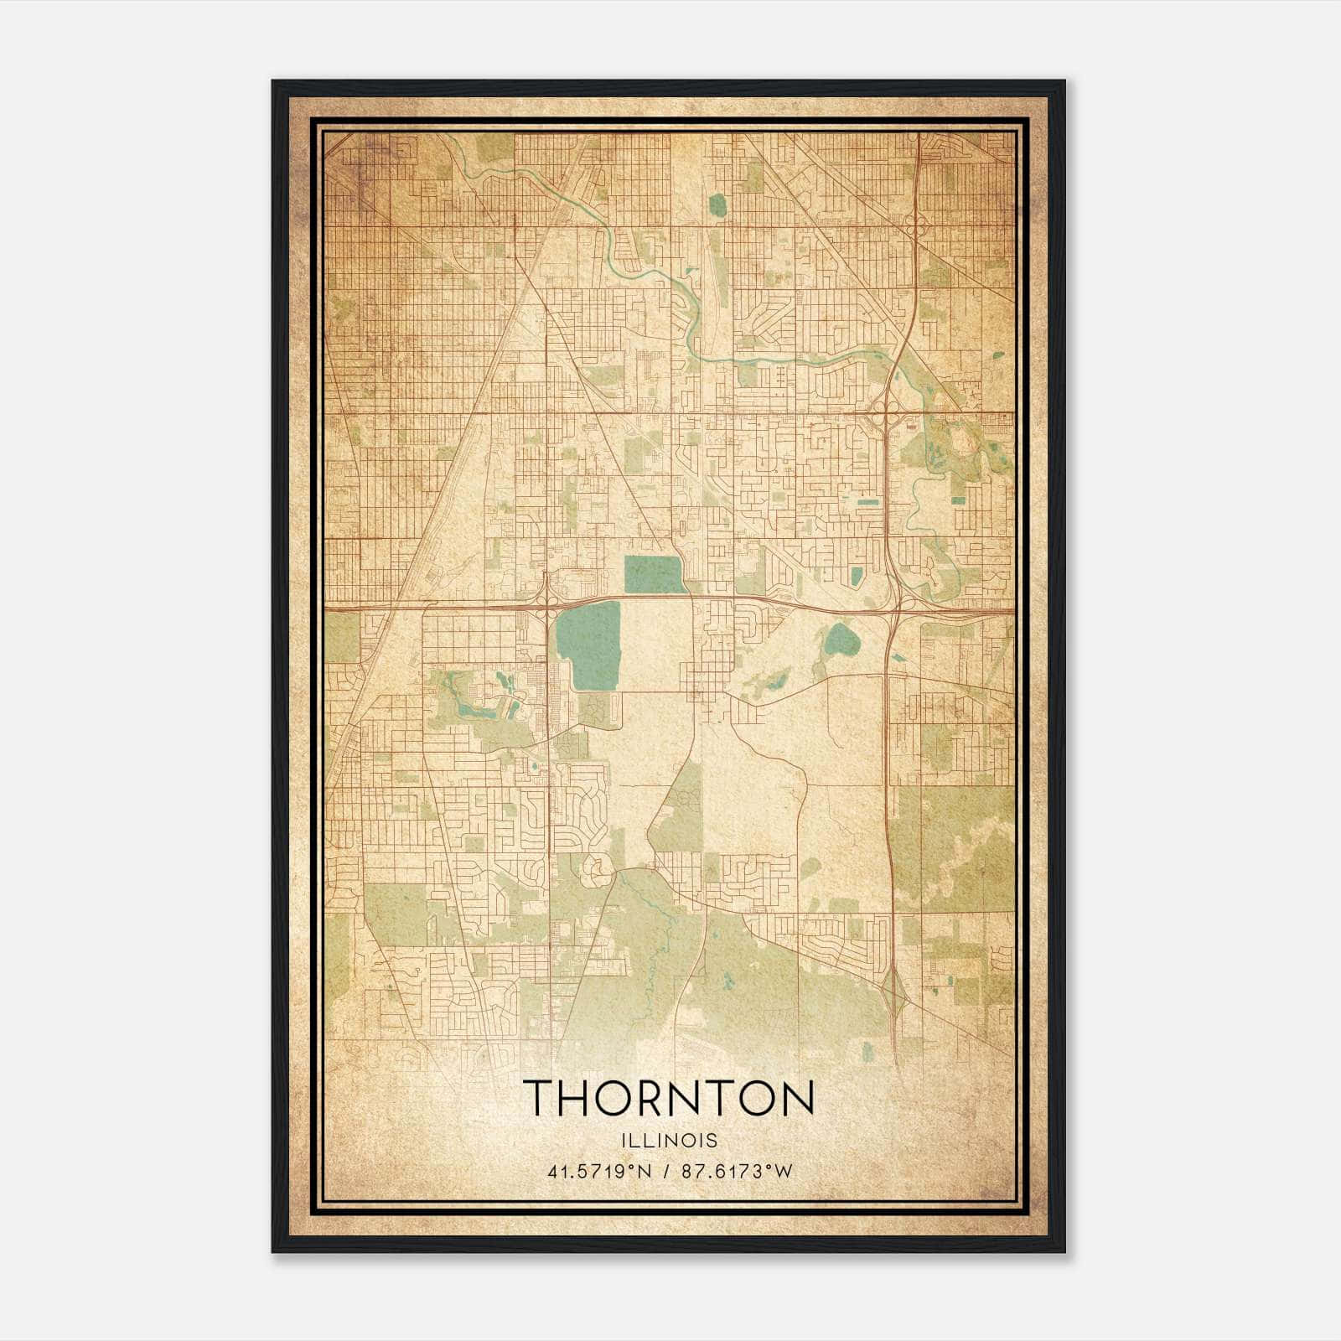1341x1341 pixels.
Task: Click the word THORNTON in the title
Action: click(x=669, y=1098)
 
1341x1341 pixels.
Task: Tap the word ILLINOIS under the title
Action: click(x=669, y=1141)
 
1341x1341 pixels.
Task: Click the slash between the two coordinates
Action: click(x=665, y=1172)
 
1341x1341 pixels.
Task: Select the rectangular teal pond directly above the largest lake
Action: click(x=653, y=574)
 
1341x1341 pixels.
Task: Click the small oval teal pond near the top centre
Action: click(x=717, y=205)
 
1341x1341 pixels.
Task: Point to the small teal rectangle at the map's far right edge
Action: click(x=958, y=500)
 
